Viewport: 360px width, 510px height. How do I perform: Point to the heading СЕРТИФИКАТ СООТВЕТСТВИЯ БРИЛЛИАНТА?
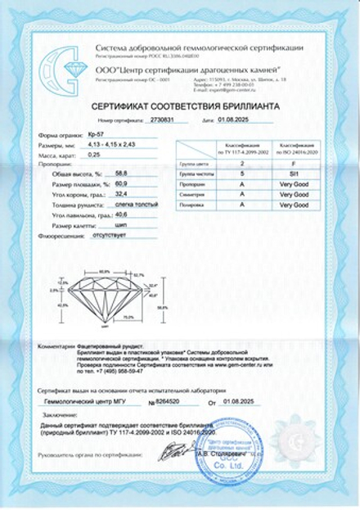[x=180, y=104]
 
